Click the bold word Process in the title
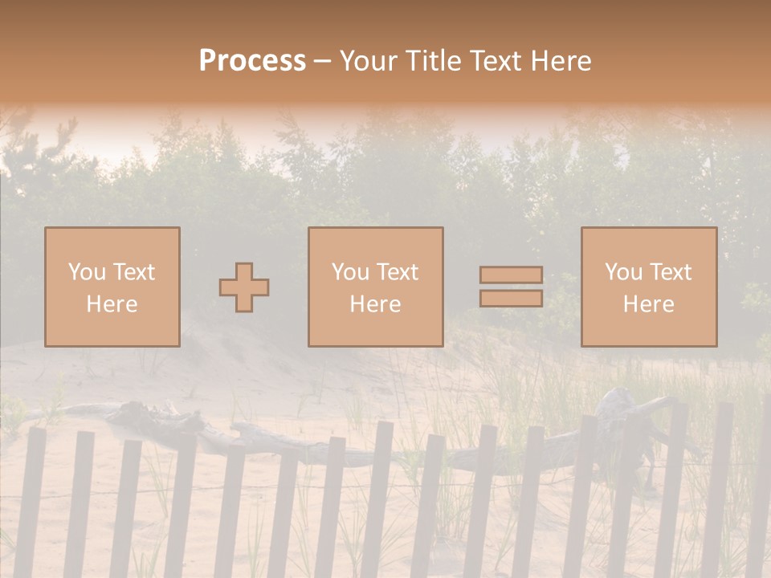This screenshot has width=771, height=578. point(252,61)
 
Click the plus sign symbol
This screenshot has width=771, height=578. point(244,287)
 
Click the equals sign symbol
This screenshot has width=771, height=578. point(511,287)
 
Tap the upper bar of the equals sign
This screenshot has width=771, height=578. point(511,275)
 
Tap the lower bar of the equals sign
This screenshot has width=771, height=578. point(511,299)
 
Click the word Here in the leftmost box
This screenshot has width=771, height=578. point(112,304)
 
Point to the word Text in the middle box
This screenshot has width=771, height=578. point(398,272)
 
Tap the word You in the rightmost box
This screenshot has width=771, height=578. point(624,272)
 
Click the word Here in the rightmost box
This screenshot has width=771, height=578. point(648,304)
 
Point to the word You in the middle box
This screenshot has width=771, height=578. point(351,272)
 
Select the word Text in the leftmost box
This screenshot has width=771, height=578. point(134,272)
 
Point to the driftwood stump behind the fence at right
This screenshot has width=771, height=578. point(622,409)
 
